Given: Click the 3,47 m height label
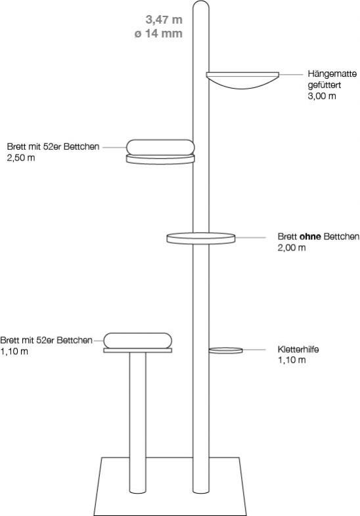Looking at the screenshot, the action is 164,20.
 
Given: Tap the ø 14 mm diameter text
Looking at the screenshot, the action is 158,34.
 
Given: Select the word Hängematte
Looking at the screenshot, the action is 332,74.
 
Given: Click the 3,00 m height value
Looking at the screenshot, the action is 322,97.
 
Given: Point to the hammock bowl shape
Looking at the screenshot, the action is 242,80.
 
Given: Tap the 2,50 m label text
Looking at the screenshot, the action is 21,158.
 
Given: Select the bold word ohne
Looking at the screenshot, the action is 310,237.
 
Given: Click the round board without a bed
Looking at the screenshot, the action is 201,238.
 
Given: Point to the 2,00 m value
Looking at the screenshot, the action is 292,248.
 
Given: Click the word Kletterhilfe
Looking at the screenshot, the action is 298,349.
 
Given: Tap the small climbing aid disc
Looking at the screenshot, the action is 226,350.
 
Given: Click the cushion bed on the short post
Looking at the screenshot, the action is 138,340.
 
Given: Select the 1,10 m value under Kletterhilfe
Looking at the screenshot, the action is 292,360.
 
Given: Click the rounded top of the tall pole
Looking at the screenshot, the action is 201,5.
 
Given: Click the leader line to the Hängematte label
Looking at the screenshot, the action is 291,75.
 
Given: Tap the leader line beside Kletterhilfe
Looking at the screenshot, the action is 254,350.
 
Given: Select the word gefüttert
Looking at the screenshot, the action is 324,85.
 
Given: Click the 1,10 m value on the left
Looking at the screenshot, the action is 14,352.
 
